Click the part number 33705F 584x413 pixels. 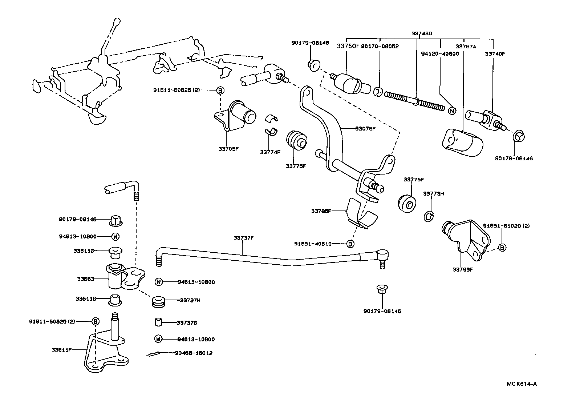[228, 148]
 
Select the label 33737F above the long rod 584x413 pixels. [243, 238]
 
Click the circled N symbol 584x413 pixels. [452, 111]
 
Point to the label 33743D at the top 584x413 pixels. [422, 33]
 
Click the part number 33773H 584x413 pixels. [433, 193]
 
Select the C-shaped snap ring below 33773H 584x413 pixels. [429, 216]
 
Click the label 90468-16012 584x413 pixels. [194, 353]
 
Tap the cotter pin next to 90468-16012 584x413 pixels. [153, 354]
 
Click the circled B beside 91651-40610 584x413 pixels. [350, 244]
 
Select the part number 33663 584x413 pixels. [86, 279]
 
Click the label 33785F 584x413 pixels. [321, 211]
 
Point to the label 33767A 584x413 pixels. [466, 46]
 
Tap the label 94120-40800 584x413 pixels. [440, 53]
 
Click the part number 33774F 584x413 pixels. [270, 152]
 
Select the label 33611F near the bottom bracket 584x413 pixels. [61, 350]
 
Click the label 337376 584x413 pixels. [187, 322]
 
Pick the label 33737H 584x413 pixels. [190, 300]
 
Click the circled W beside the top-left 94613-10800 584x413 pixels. [115, 236]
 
